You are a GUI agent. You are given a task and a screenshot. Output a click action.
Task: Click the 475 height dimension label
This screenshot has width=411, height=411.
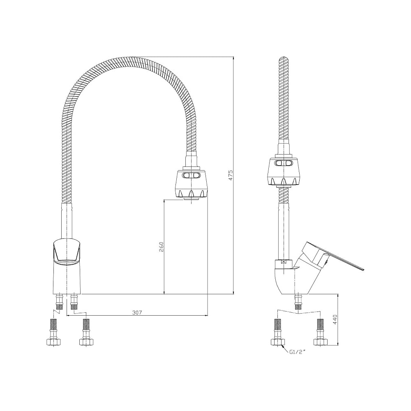point(231,175)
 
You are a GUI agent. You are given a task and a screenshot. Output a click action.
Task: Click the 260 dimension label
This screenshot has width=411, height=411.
point(161,247)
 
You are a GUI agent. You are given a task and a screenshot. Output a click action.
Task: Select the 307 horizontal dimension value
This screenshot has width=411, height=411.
point(137,312)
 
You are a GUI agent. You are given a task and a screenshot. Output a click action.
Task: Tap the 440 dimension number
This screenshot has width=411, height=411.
point(335,319)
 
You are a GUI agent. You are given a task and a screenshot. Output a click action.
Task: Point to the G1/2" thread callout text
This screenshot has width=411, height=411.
point(298,352)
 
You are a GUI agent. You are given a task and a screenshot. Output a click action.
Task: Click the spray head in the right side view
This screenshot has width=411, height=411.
point(284,172)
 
